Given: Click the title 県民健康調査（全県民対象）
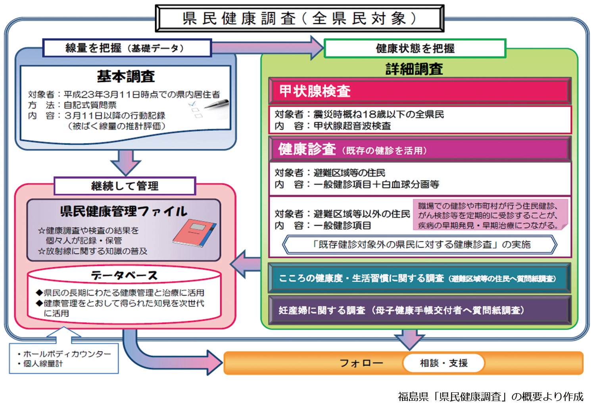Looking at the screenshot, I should pyautogui.click(x=299, y=18).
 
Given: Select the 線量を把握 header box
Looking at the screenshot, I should pyautogui.click(x=127, y=48).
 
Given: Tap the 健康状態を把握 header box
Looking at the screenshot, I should pyautogui.click(x=415, y=48).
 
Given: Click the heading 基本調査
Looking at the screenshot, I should pyautogui.click(x=126, y=76).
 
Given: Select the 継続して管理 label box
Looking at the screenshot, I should pyautogui.click(x=125, y=186).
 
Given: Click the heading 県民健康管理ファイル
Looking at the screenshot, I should pyautogui.click(x=124, y=211).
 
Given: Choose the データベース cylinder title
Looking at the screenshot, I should pyautogui.click(x=124, y=275).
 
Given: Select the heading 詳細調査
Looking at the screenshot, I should pyautogui.click(x=414, y=69).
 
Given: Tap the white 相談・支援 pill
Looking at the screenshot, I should pyautogui.click(x=443, y=363).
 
